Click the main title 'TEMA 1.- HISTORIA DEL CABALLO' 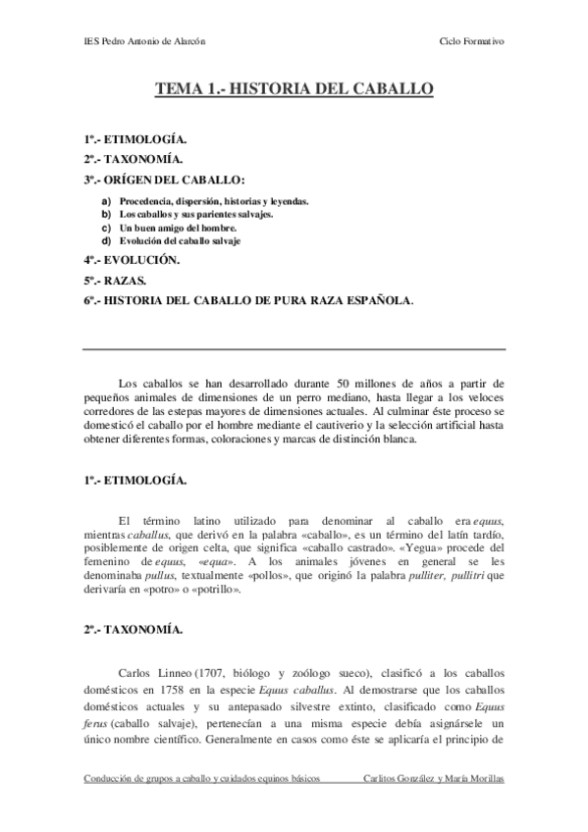pyautogui.click(x=294, y=90)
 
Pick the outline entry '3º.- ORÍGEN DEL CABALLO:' pyautogui.click(x=163, y=181)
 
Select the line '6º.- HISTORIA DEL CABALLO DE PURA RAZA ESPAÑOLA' pyautogui.click(x=247, y=300)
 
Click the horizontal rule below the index pyautogui.click(x=294, y=349)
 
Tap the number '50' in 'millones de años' pyautogui.click(x=345, y=381)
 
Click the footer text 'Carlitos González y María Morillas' pyautogui.click(x=433, y=778)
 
